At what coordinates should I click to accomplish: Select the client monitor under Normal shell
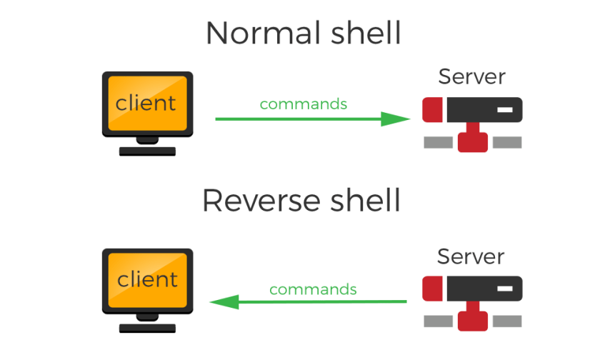pos(147,103)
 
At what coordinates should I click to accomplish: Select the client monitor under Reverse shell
pos(147,280)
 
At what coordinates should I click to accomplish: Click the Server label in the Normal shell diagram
pos(471,76)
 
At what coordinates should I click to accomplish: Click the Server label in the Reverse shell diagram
pos(471,256)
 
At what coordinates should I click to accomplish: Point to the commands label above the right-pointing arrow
pos(304,104)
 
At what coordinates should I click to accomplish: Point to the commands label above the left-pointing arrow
pos(313,290)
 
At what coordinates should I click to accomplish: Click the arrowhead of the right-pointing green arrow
pos(396,119)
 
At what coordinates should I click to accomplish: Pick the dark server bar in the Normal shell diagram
pos(484,110)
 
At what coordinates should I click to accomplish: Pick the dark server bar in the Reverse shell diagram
pos(484,289)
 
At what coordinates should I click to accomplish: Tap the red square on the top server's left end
pos(432,110)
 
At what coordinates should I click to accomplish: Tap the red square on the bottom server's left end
pos(432,289)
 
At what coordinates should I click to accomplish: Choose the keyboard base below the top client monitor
pos(147,151)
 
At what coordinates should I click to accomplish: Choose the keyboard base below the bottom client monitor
pos(147,328)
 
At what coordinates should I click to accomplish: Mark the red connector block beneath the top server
pos(472,139)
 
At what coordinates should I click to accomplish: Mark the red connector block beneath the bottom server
pos(472,319)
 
